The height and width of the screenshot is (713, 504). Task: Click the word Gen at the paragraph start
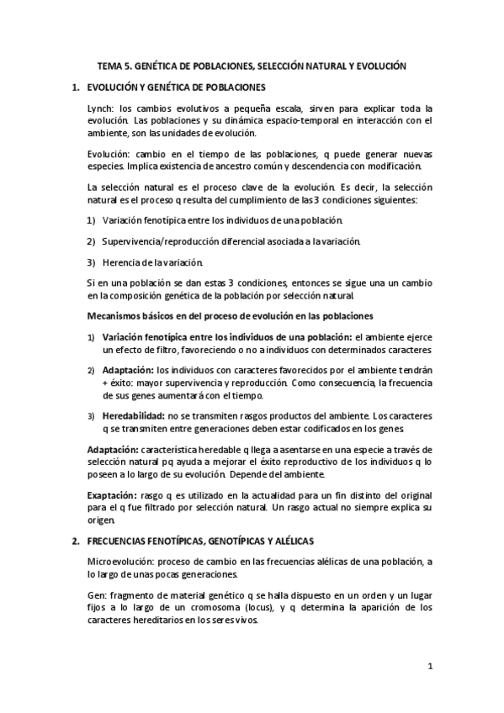click(x=97, y=594)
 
